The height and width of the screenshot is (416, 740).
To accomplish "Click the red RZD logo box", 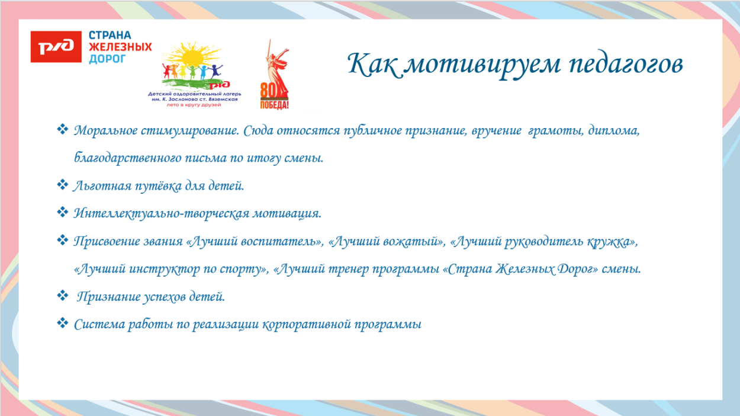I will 56,47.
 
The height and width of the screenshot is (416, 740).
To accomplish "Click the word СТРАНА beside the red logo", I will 110,36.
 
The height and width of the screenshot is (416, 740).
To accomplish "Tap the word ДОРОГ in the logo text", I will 108,59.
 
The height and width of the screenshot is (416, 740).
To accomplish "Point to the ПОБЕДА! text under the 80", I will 275,105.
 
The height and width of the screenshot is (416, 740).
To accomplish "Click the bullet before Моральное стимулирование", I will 63,129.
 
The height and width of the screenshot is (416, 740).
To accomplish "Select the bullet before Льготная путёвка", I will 63,185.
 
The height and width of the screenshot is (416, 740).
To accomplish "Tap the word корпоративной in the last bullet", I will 306,325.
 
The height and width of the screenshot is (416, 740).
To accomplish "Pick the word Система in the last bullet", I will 94,325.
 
